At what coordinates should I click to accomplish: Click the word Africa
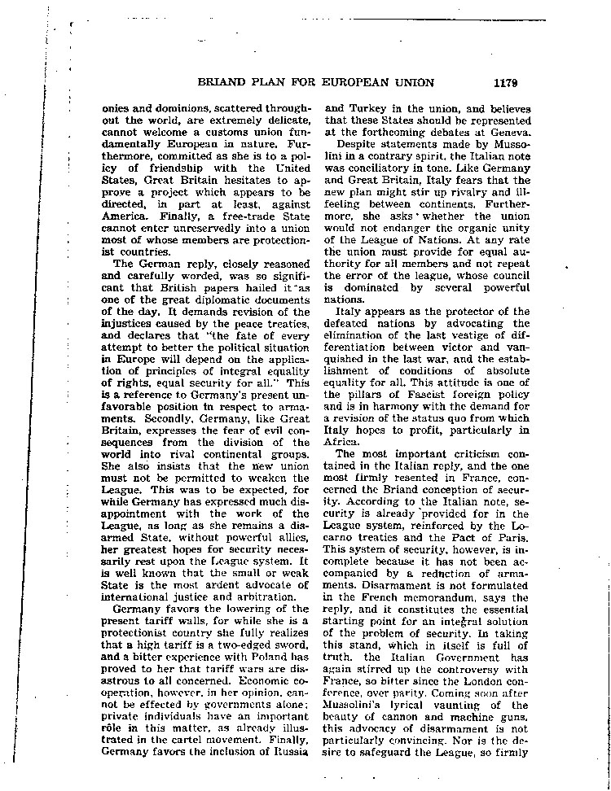(x=343, y=441)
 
